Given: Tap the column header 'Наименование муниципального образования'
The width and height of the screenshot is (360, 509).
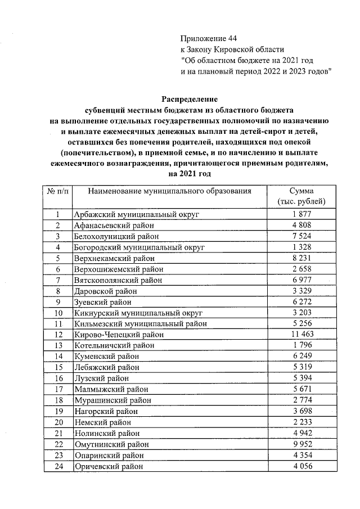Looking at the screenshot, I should click(169, 191).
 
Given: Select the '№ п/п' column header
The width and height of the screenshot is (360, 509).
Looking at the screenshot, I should click(57, 191).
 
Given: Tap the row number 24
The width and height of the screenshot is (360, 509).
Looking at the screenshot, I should click(57, 466).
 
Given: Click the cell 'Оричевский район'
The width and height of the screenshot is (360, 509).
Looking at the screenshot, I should click(109, 466).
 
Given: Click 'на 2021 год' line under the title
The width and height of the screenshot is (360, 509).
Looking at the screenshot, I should click(189, 174).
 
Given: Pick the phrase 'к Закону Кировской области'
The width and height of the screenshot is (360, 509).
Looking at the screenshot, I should click(232, 49).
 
